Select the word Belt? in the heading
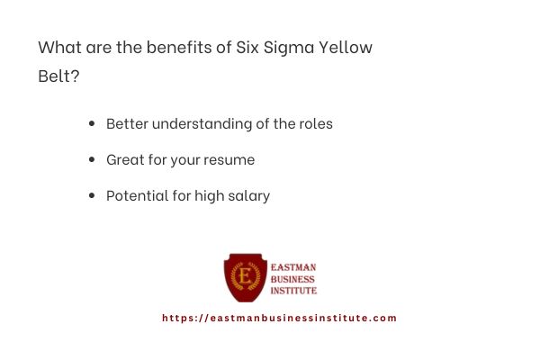pyautogui.click(x=58, y=76)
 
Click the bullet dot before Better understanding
pyautogui.click(x=92, y=123)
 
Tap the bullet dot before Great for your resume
pyautogui.click(x=92, y=159)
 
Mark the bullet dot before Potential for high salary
pyautogui.click(x=92, y=195)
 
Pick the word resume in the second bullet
pyautogui.click(x=230, y=159)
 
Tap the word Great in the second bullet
pyautogui.click(x=125, y=159)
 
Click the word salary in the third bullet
pyautogui.click(x=248, y=195)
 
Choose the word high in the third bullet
pyautogui.click(x=209, y=195)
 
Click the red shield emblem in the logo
pyautogui.click(x=245, y=277)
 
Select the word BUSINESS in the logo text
pyautogui.click(x=293, y=279)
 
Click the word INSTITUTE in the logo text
pyautogui.click(x=294, y=291)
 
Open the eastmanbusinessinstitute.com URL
pyautogui.click(x=279, y=318)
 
